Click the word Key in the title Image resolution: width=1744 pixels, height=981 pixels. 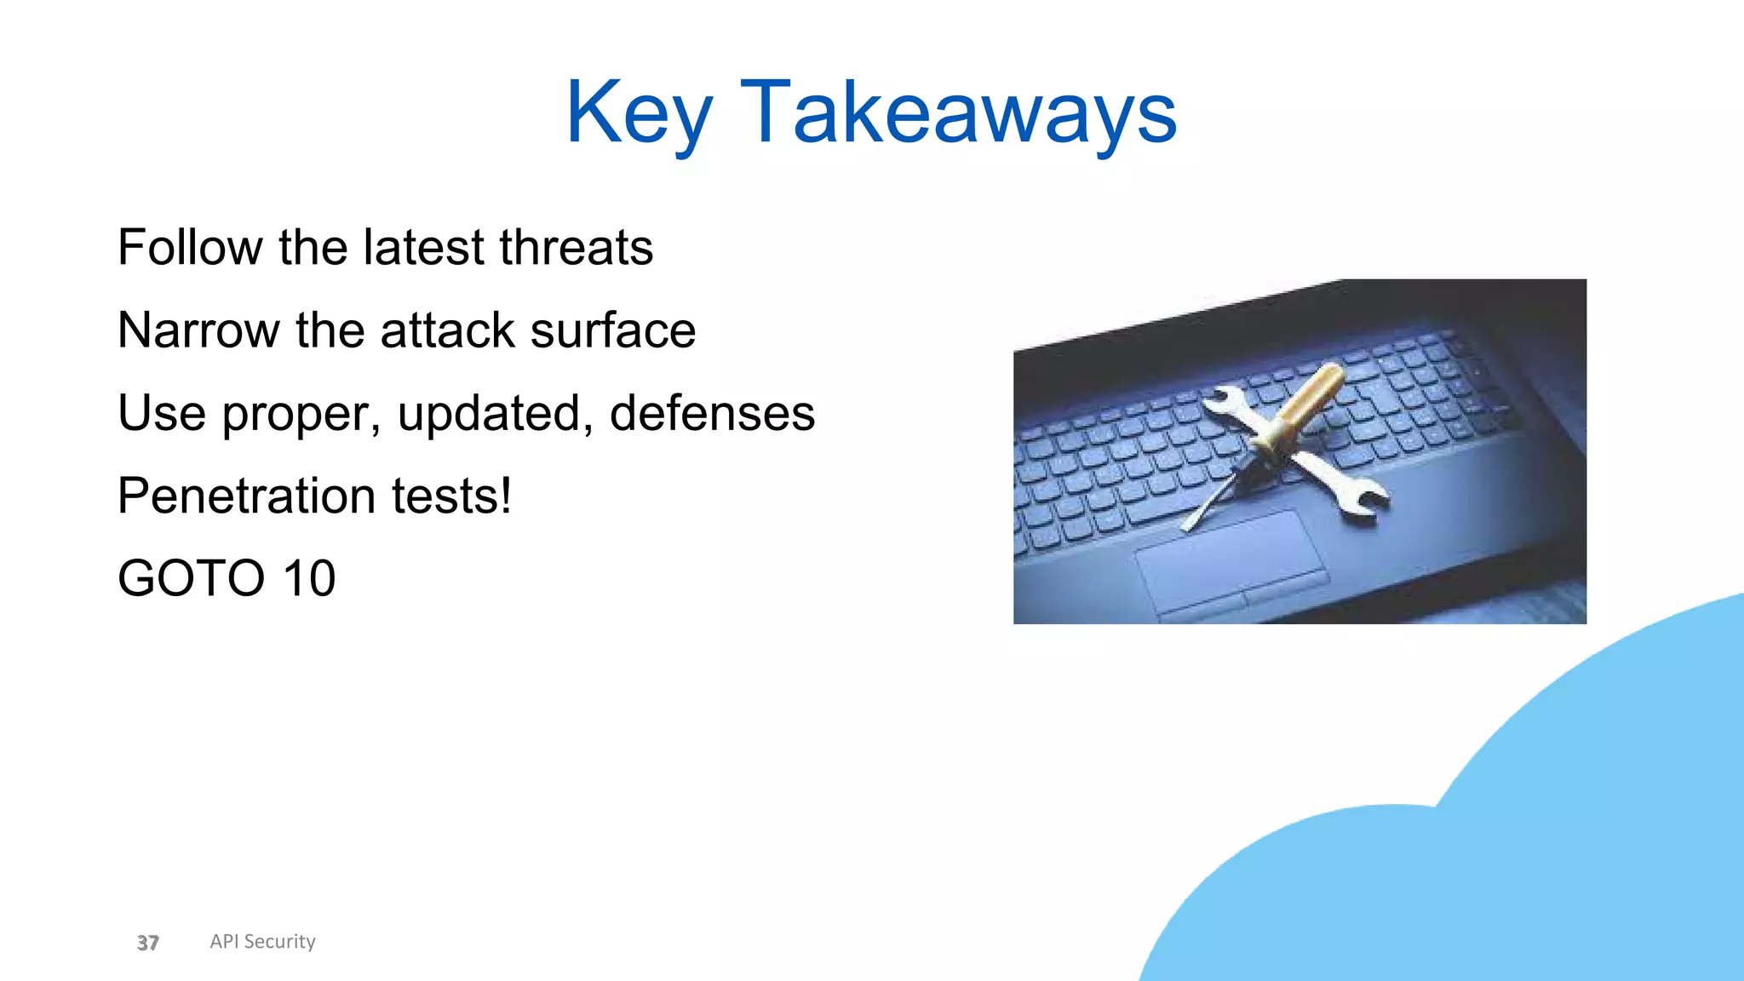point(639,113)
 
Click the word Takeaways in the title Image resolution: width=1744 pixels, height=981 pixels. point(958,113)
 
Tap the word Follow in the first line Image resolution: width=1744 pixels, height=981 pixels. point(190,248)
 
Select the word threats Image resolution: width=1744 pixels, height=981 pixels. point(576,248)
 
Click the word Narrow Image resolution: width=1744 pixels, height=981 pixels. point(198,330)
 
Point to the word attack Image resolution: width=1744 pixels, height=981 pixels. point(448,330)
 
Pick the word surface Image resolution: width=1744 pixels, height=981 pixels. point(612,330)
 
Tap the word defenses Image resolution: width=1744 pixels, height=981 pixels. point(712,414)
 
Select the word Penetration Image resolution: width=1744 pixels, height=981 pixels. point(246,496)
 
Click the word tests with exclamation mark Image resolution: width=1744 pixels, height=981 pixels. point(451,496)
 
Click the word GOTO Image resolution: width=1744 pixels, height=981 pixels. point(192,578)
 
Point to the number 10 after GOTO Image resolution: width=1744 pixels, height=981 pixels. point(309,578)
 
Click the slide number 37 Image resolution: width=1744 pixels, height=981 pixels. point(147,943)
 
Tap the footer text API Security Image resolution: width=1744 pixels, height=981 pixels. point(262,941)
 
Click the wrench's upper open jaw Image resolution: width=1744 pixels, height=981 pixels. point(1222,400)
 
